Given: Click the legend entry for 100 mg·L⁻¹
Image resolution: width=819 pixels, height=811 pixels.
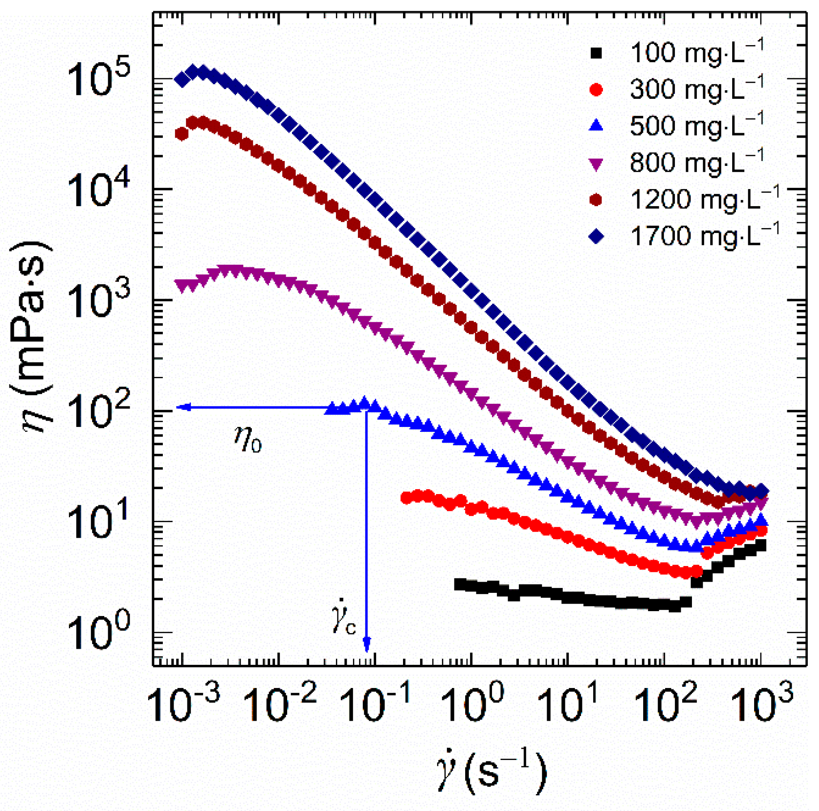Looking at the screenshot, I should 696,53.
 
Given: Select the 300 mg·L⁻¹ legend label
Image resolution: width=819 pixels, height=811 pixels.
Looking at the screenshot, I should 696,89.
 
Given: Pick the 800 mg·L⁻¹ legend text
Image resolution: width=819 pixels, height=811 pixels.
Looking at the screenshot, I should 696,163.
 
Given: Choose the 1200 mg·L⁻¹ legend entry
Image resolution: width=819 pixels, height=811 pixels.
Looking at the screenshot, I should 704,199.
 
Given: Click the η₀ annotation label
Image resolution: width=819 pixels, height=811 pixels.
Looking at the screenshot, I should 247,439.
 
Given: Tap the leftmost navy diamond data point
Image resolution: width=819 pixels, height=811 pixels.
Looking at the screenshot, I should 182,80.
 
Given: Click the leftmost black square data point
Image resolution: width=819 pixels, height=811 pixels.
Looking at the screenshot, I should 459,584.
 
